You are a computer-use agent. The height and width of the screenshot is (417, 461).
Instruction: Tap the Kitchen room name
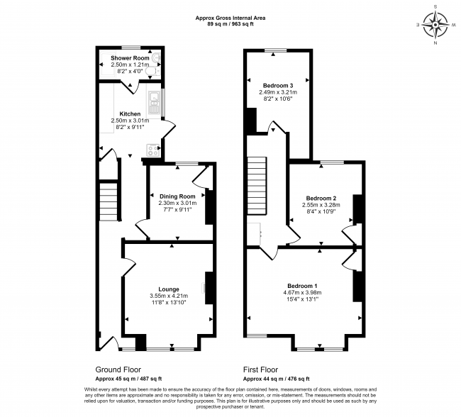coord(130,113)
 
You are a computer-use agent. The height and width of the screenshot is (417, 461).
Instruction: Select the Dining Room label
coord(177,196)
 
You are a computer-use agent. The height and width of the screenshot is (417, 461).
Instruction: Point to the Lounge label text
coord(169,289)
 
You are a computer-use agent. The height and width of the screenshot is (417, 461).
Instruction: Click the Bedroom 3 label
coord(277,85)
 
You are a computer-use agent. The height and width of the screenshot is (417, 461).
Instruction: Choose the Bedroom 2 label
coord(321,198)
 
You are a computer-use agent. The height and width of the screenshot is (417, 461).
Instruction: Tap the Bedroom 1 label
coord(301,285)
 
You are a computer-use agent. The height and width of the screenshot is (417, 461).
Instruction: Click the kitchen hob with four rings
coord(152,149)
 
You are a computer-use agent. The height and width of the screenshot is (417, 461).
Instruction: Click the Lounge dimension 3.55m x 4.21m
coord(169,296)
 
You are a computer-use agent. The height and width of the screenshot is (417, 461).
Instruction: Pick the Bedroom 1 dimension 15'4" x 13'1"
coord(301,299)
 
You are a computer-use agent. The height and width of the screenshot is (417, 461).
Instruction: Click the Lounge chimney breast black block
coord(209,288)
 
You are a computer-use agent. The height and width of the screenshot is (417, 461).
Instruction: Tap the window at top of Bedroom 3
coord(277,50)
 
